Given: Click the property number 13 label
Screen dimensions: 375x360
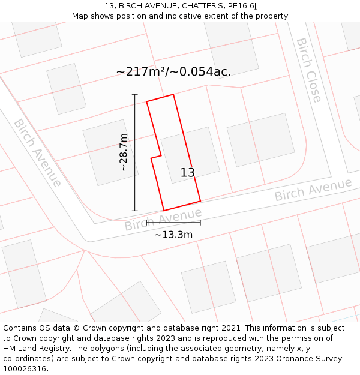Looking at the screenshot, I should pos(187,173).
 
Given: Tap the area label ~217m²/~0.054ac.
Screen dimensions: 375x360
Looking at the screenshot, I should pos(173,71).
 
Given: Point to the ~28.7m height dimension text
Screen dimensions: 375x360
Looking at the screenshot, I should pos(123,152).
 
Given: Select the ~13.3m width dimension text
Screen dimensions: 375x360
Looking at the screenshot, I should pos(173,235).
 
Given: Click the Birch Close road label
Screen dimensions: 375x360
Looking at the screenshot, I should pos(309,70).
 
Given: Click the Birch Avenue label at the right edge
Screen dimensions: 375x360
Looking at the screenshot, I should pos(313,190).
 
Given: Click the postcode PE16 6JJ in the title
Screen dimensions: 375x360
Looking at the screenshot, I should pos(243,5).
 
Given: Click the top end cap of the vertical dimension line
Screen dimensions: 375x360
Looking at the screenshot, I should pos(135,95).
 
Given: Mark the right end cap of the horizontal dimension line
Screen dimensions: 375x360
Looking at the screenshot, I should pos(200,223).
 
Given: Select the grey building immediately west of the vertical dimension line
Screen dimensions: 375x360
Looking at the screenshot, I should pos(109,151).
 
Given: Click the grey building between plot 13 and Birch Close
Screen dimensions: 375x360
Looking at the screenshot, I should pos(260,139).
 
